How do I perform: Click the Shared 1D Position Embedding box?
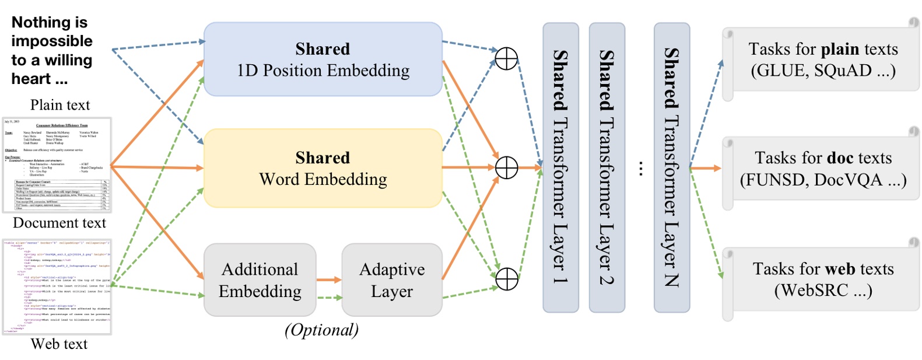322,60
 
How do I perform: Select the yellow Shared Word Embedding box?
322,168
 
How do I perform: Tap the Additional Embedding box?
260,280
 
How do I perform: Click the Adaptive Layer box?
392,280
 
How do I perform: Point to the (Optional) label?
321,330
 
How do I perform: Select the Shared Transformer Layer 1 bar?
560,167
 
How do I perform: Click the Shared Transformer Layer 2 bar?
607,167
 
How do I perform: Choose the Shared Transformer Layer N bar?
671,167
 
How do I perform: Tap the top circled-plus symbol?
506,58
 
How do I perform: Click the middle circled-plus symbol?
506,168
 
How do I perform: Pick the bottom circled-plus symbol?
506,279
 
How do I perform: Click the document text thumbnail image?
57,165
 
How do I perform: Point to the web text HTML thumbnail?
57,286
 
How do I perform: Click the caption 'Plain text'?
60,105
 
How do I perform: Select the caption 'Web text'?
59,344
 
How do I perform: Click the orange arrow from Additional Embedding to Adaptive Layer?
328,280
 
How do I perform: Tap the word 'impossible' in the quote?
51,41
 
